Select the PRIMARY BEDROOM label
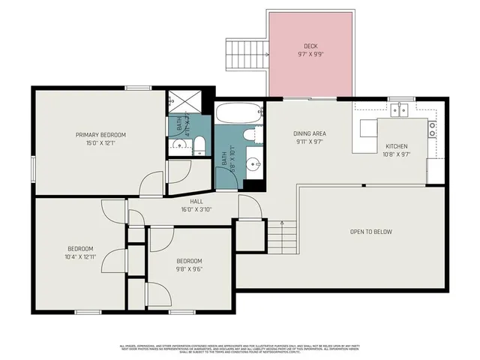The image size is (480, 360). point(100,135)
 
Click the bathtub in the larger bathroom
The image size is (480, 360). point(238,114)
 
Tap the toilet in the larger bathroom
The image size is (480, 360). point(253,134)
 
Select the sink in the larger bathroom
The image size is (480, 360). point(253,163)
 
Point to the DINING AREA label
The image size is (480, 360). point(310,134)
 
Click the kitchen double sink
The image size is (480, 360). point(399,110)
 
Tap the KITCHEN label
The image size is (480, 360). point(396,146)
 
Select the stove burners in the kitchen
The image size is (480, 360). point(432,130)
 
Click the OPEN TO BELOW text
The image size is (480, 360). point(370,232)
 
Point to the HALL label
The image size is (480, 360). point(196,201)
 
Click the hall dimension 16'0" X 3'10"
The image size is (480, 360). point(196,209)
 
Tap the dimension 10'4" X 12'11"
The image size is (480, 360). point(80,256)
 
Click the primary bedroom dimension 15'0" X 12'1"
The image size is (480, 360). point(100,143)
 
